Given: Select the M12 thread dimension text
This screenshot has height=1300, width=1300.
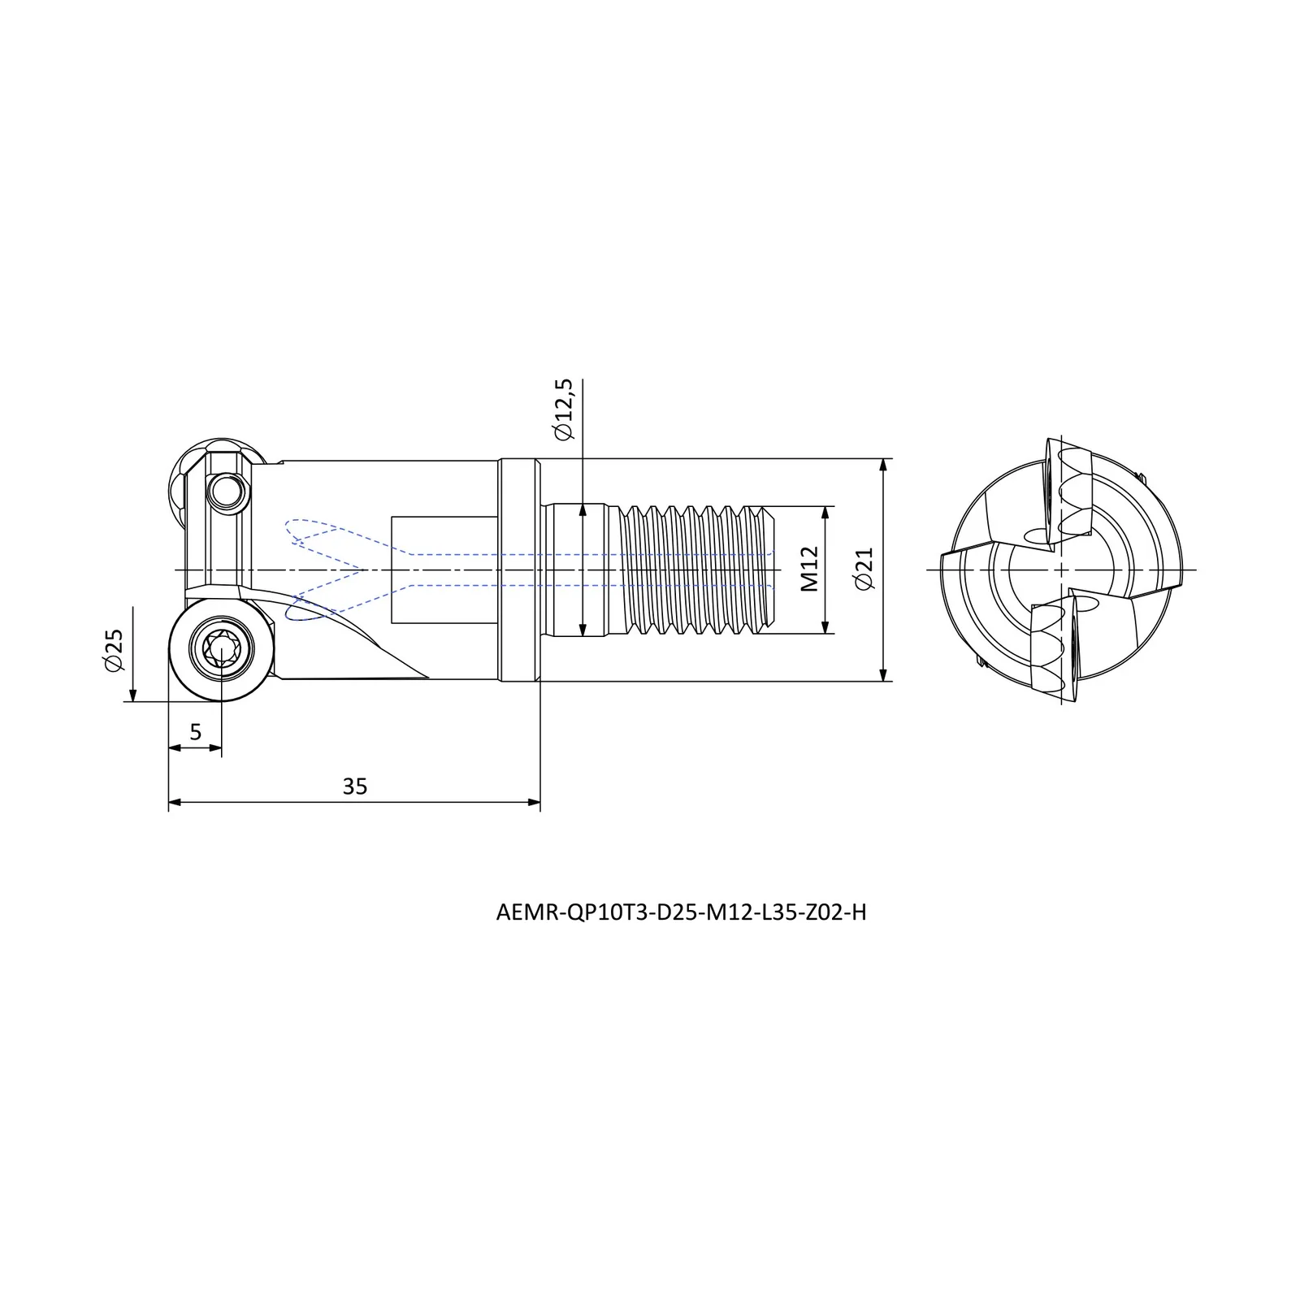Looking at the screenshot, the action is [x=810, y=569].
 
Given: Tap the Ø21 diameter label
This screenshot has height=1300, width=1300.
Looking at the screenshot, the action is [x=863, y=569].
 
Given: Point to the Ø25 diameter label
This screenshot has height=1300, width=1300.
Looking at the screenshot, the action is [x=114, y=649].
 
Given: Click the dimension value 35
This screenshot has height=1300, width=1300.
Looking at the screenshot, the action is [x=355, y=786].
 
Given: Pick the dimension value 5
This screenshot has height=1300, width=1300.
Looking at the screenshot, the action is [x=195, y=732].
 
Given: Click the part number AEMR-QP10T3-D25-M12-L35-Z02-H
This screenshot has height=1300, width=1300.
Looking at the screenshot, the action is [x=681, y=912].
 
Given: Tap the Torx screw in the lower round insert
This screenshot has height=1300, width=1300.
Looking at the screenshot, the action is [x=221, y=648].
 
